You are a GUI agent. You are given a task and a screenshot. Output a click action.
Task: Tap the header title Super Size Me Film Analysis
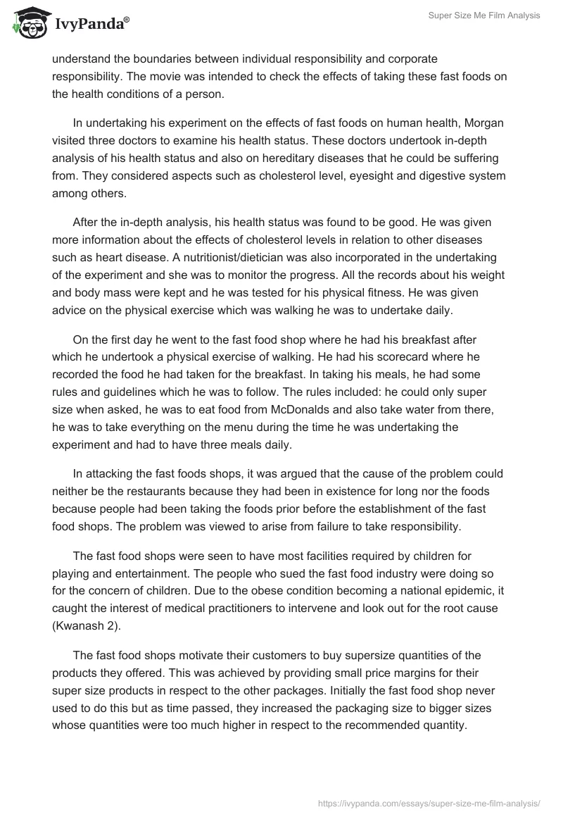click(483, 15)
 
